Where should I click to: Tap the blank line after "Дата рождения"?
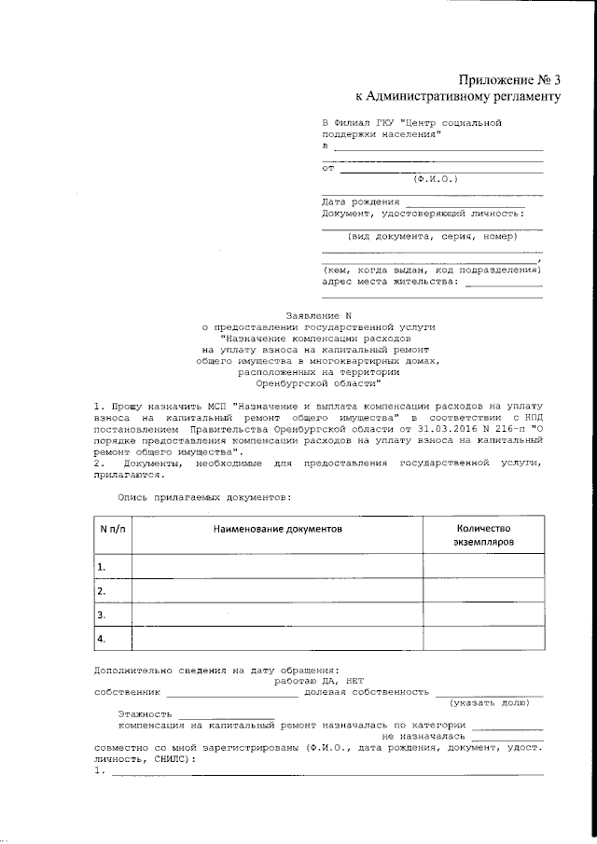coord(465,203)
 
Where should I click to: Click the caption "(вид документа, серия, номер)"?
coord(432,237)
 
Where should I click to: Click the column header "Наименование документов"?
coord(278,529)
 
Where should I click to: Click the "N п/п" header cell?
coord(112,529)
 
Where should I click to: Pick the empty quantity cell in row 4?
coord(483,639)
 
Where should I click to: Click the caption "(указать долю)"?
coord(495,703)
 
